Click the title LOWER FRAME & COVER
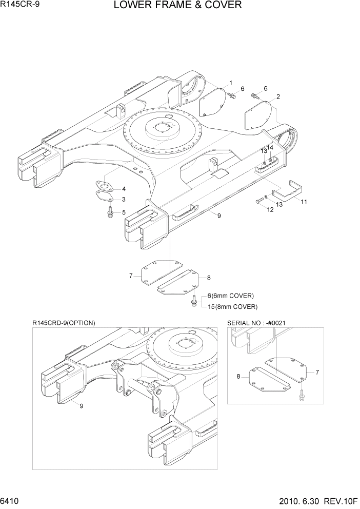[177, 6]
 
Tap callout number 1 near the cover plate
[231, 83]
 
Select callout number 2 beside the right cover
[277, 96]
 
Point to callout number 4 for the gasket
[124, 189]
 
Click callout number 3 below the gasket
[124, 199]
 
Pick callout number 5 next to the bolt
[124, 212]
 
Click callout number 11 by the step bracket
[304, 202]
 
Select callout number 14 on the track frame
[271, 147]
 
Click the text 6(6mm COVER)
[230, 296]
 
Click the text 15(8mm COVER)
[232, 306]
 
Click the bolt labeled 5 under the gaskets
[110, 212]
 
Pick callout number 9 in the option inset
[82, 405]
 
